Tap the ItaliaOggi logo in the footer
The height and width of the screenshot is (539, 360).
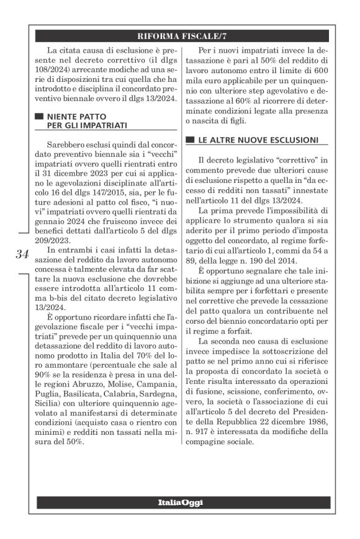[180, 501]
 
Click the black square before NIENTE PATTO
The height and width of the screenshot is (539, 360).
[39, 116]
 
